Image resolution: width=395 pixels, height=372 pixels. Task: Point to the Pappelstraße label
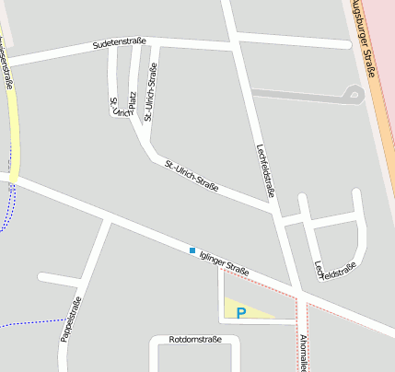pyautogui.click(x=71, y=320)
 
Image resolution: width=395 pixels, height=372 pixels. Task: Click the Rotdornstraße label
pyautogui.click(x=195, y=341)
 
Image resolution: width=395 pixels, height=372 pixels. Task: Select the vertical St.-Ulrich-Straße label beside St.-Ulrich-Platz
pyautogui.click(x=150, y=91)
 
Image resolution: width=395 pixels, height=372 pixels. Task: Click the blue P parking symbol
pyautogui.click(x=241, y=313)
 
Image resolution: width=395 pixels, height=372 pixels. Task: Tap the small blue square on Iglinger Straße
pyautogui.click(x=192, y=250)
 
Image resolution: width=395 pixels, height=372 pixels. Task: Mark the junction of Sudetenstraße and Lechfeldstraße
pyautogui.click(x=233, y=42)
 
